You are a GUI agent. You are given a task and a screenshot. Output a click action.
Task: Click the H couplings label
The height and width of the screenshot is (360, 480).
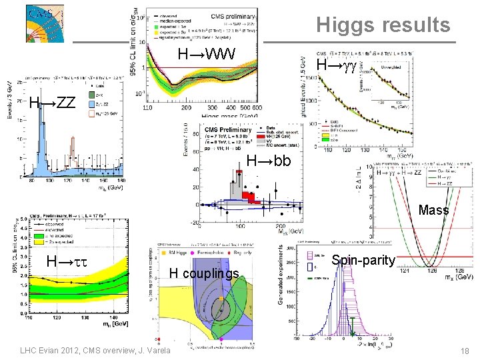tap(203, 274)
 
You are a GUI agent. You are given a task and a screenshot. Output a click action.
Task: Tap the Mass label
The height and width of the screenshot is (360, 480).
tap(433, 211)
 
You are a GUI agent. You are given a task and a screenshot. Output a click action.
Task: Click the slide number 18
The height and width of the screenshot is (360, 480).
tap(466, 351)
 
